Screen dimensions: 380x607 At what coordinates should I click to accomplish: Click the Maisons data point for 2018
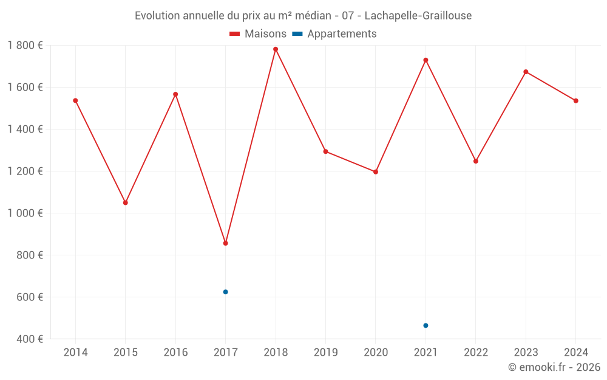[276, 49]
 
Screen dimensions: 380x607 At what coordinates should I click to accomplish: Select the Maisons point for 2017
[226, 243]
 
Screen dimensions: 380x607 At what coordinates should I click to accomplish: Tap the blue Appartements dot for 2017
[226, 292]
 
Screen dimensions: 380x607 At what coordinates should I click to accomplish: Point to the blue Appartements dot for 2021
[426, 325]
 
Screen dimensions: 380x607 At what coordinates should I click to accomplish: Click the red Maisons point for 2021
[426, 60]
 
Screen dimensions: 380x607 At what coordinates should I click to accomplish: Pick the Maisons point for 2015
[126, 202]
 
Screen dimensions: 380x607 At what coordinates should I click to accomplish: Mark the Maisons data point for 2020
[376, 172]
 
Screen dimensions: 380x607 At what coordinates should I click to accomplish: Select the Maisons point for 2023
[526, 72]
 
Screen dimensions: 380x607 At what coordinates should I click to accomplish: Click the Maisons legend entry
[259, 34]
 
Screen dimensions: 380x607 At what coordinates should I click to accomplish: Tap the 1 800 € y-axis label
[25, 46]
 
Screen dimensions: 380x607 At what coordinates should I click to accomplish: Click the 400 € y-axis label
[29, 339]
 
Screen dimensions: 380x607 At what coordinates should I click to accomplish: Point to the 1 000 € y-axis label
[25, 213]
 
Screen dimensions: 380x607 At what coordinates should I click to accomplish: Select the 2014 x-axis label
[75, 353]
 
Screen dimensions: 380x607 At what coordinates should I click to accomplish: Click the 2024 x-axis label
[575, 353]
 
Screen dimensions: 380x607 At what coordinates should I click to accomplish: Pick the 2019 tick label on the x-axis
[325, 353]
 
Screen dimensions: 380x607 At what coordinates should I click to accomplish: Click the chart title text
[303, 16]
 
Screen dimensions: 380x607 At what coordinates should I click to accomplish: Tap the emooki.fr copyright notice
[554, 367]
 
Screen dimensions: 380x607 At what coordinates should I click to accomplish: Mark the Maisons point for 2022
[476, 161]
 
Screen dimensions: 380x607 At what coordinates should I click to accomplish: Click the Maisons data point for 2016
[175, 94]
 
